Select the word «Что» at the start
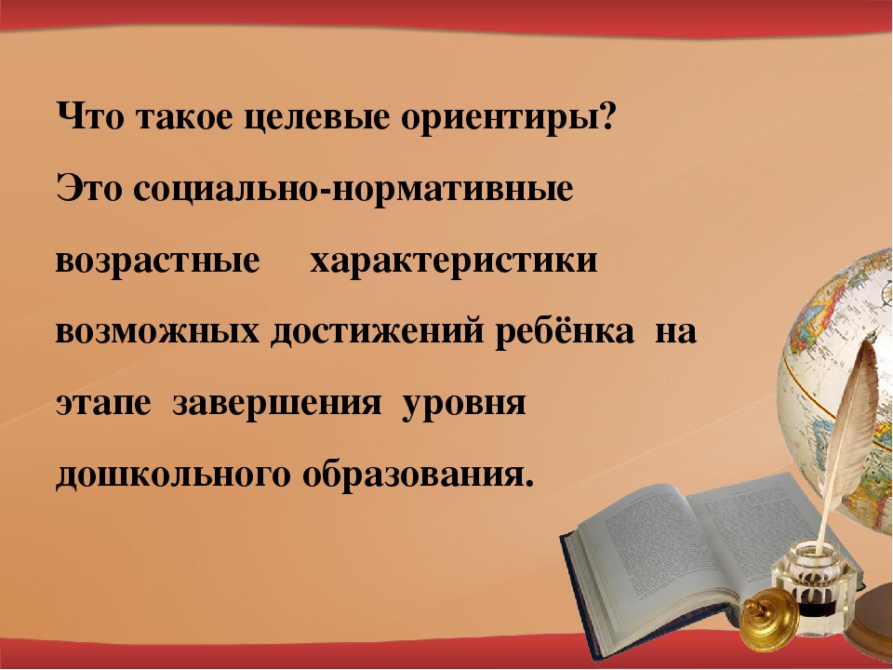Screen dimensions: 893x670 [90, 117]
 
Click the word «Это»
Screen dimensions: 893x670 [89, 188]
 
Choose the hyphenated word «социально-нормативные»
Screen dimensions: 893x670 [353, 190]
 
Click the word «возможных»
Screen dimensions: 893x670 [158, 331]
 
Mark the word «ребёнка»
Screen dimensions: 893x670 [564, 330]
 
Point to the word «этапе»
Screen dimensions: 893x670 [103, 404]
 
